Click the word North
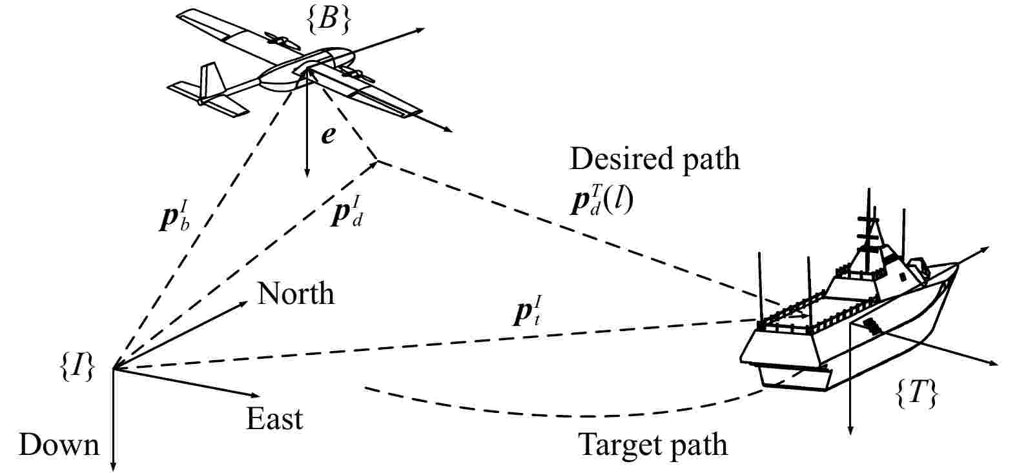tap(296, 294)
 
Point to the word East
tap(274, 419)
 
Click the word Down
tap(59, 445)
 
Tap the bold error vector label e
tap(328, 136)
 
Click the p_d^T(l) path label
tap(602, 201)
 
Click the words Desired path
tap(653, 159)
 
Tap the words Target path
tap(653, 445)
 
